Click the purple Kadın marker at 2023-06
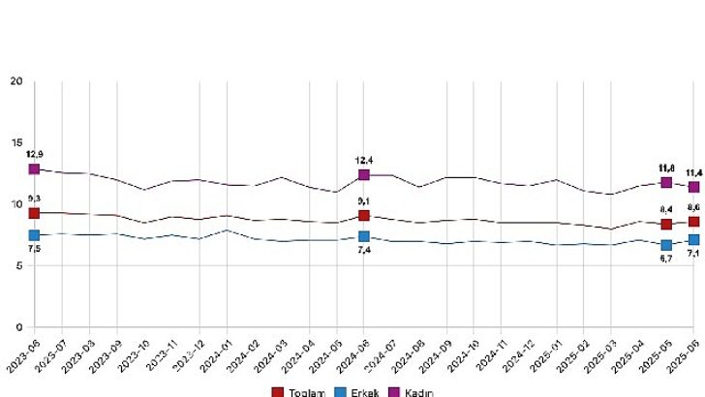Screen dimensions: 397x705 [x=34, y=168]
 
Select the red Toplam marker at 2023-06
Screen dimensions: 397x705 [x=34, y=213]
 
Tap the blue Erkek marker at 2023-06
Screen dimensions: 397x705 [x=34, y=235]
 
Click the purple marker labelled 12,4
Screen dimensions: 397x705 [x=364, y=174]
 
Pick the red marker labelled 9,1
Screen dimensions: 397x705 [x=364, y=215]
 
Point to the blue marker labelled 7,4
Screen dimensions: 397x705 [x=364, y=236]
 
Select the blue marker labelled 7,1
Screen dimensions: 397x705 [x=693, y=239]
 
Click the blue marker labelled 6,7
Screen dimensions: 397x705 [x=666, y=245]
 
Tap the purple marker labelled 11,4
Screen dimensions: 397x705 [x=693, y=187]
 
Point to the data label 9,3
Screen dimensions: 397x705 [x=34, y=198]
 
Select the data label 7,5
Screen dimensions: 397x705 [x=34, y=249]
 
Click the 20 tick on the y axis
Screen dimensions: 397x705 [x=15, y=81]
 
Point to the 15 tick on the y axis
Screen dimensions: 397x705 [x=15, y=143]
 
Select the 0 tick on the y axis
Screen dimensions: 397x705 [x=18, y=328]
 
